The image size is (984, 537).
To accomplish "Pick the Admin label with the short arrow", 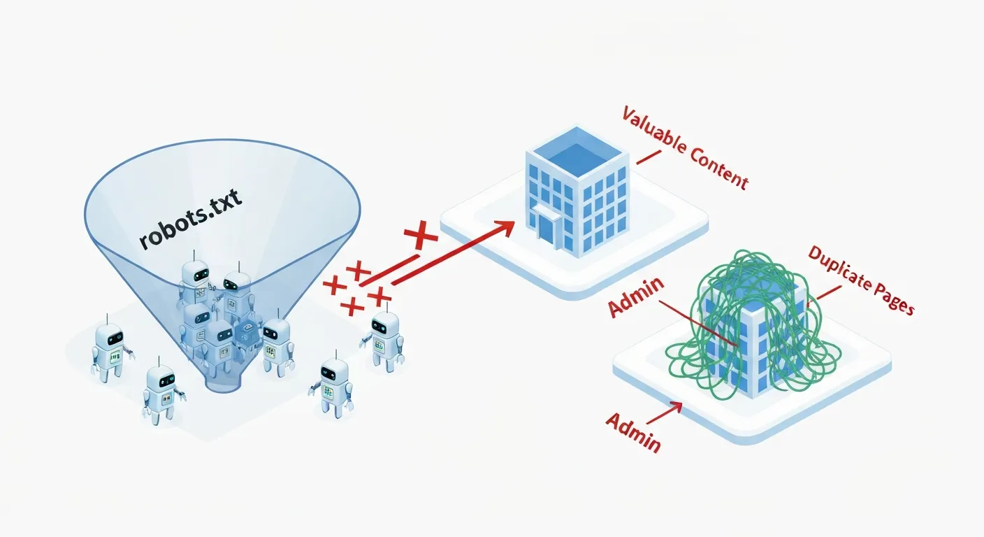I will pyautogui.click(x=633, y=431).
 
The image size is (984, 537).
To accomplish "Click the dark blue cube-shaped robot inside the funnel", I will pyautogui.click(x=246, y=335).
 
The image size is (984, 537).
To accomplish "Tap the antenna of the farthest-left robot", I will pyautogui.click(x=106, y=320).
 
